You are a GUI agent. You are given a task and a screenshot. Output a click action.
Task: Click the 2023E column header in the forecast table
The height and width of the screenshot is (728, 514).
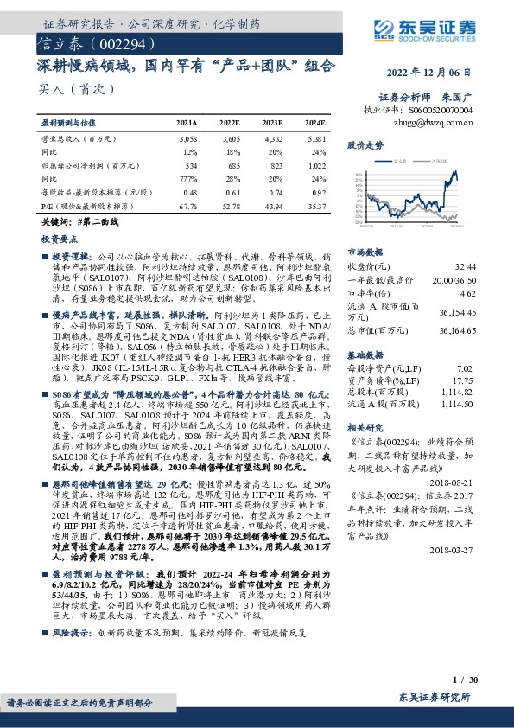click(x=272, y=124)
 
